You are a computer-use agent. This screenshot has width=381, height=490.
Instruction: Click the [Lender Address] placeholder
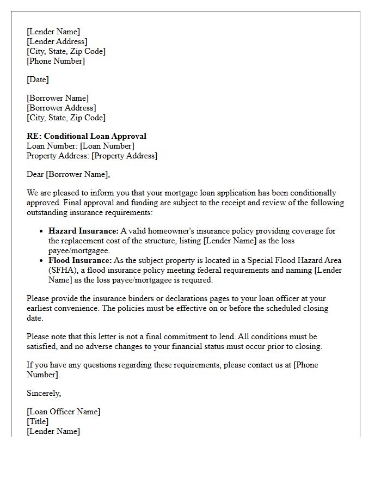[57, 41]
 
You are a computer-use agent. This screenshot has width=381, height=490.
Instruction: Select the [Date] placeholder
[38, 79]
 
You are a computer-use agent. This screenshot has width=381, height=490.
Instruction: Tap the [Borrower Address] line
[61, 108]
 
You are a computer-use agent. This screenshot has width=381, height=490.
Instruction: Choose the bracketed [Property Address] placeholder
[124, 156]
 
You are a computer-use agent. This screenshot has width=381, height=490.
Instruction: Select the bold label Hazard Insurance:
[83, 231]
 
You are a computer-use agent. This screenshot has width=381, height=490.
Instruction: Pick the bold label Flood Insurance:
[81, 260]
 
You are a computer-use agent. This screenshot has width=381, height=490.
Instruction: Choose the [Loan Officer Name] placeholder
[63, 412]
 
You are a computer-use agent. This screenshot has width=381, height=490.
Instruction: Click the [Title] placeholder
[38, 421]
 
